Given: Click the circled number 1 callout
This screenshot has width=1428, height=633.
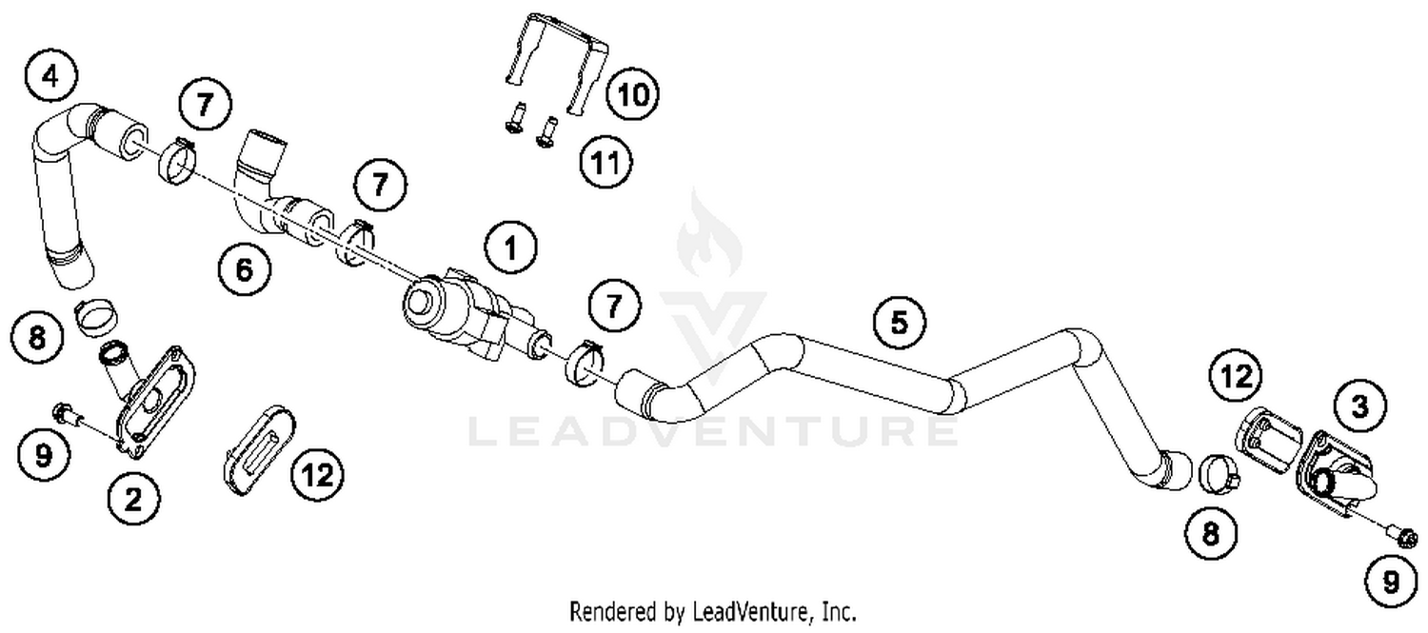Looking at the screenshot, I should coord(510,248).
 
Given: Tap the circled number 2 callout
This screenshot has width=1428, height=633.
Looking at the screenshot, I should coord(133,497).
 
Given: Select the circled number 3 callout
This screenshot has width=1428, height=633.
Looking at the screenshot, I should coord(1359,407).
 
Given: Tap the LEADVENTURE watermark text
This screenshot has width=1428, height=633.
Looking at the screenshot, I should coord(714,430).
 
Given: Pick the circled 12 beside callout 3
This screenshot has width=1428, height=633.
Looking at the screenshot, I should coord(1236,378).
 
